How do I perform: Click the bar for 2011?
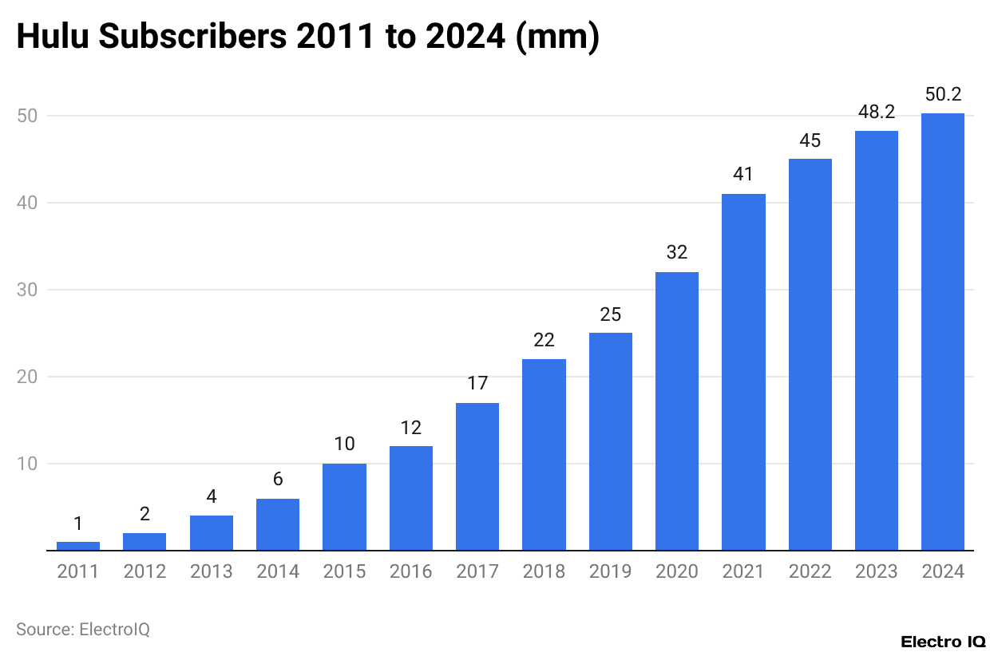tap(78, 546)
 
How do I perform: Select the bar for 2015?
tap(344, 507)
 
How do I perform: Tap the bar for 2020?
tap(677, 411)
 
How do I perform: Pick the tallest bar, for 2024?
tap(943, 331)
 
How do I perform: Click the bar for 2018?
tap(544, 454)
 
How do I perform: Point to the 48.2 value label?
tap(876, 113)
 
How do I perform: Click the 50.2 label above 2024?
tap(943, 94)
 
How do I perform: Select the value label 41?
tap(743, 174)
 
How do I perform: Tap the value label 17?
tap(477, 383)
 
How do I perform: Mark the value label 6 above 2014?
tap(278, 479)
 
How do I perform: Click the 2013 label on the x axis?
tap(212, 571)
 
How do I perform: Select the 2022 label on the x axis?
tap(810, 571)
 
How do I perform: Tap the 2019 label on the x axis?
tap(611, 571)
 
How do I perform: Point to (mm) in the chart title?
tap(557, 37)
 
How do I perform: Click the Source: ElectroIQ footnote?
tap(83, 629)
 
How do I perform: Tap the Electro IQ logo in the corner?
tap(943, 642)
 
